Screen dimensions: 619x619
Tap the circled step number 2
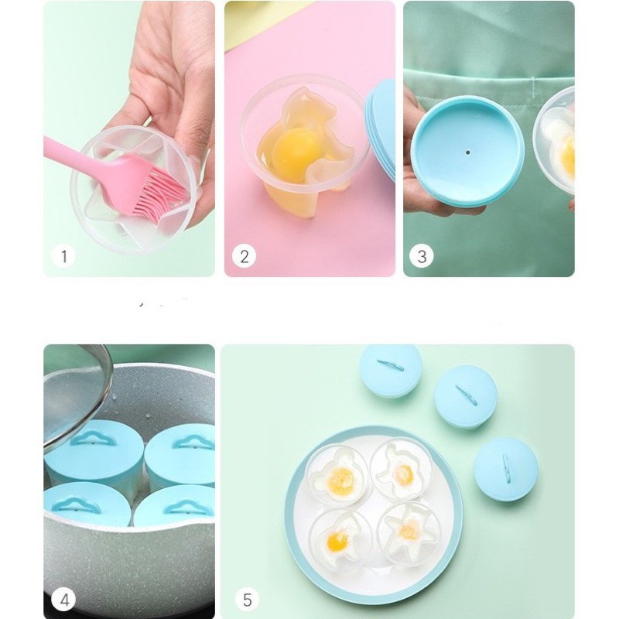(x=244, y=256)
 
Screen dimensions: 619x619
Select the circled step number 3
(x=422, y=256)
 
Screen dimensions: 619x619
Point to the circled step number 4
(x=63, y=599)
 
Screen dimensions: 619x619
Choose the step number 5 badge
(x=247, y=599)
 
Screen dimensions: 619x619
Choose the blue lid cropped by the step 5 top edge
(x=391, y=368)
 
